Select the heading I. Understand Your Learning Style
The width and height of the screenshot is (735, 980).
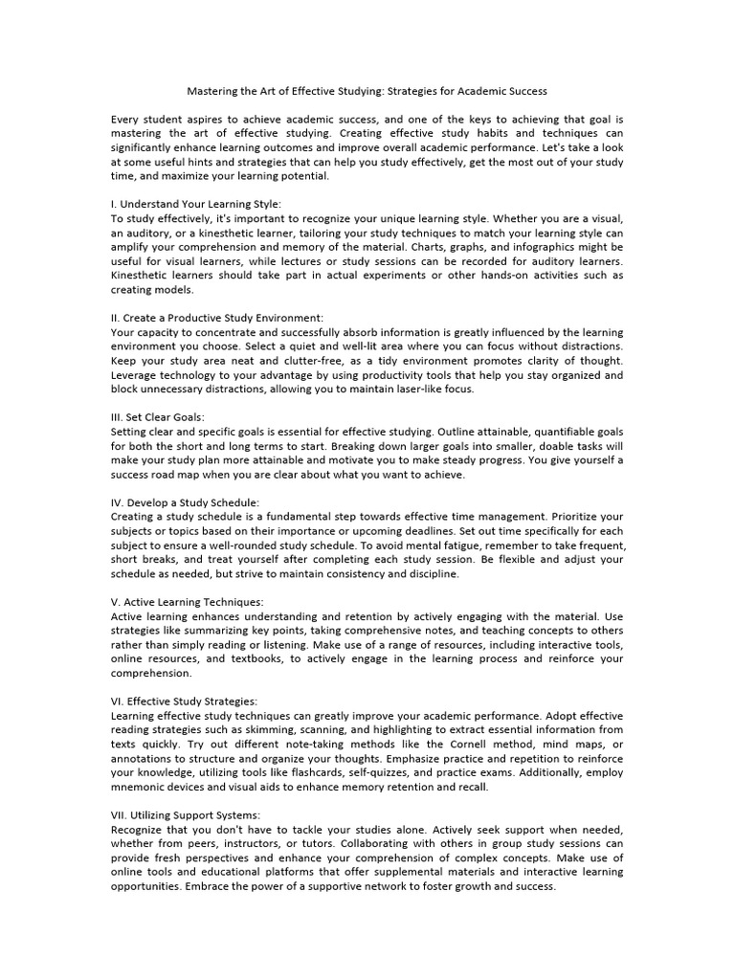tap(196, 204)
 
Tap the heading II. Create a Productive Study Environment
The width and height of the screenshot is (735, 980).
tap(217, 318)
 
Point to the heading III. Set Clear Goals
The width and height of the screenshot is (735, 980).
tap(158, 416)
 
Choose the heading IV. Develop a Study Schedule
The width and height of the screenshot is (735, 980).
tap(186, 502)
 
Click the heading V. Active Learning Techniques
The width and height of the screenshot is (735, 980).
tap(188, 602)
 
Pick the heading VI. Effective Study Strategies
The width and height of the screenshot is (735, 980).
tap(184, 702)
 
